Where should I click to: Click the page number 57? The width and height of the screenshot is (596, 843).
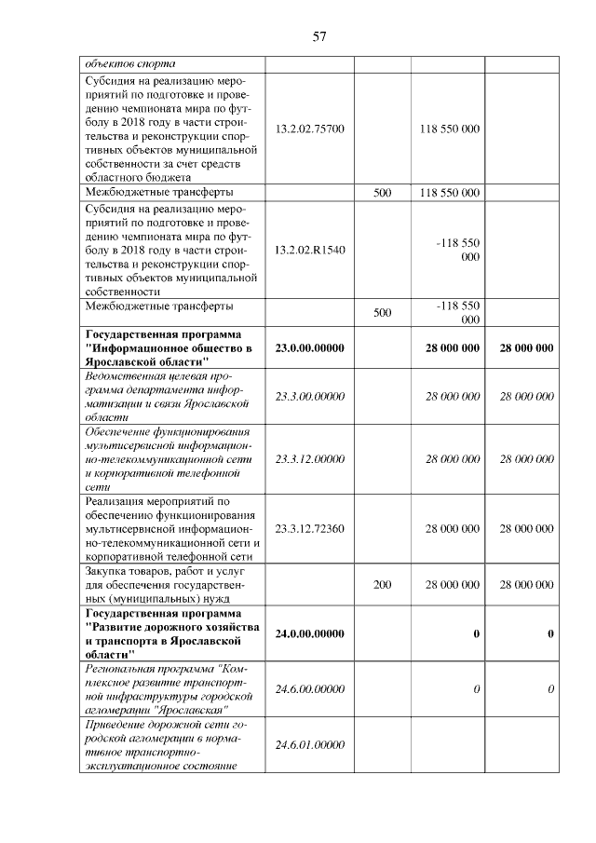coord(318,37)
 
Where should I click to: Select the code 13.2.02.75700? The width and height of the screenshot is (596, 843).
coord(310,128)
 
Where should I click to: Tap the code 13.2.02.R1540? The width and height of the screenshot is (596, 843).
coord(310,250)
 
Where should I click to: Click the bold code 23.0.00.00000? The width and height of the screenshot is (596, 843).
coord(310,347)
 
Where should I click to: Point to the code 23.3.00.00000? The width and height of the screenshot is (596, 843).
coord(310,397)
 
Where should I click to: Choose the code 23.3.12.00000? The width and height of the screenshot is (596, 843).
coord(310,458)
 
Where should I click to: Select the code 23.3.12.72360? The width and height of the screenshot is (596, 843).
coord(310,528)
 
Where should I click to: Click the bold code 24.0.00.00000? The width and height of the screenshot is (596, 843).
coord(310,633)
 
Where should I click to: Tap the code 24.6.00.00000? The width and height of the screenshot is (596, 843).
coord(310,688)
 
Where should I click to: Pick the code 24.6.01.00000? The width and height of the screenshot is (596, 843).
coord(310,744)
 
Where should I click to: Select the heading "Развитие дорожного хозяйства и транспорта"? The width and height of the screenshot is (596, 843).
coord(171,633)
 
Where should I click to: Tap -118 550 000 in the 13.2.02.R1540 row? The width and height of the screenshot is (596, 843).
coord(457,250)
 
